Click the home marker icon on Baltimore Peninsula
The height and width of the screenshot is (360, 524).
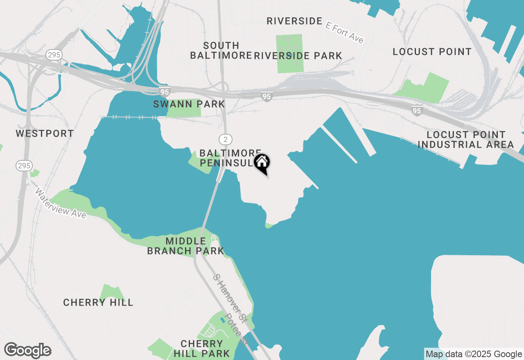tap(262, 163)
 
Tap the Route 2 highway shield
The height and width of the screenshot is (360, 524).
tap(225, 139)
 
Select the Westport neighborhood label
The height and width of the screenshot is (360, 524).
tap(45, 134)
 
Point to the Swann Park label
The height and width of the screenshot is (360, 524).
tap(189, 104)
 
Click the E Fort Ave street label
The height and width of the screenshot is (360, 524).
tap(344, 32)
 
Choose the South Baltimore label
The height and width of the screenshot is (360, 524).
tap(221, 50)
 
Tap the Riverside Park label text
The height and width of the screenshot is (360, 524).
tap(298, 56)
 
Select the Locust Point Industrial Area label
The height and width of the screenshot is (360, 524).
tap(466, 139)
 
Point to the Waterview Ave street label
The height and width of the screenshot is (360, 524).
tap(61, 203)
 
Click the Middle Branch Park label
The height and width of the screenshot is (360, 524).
tap(185, 246)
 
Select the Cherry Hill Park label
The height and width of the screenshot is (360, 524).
tap(202, 348)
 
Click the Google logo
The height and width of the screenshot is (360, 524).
tap(27, 351)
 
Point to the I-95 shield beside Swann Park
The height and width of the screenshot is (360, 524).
tap(164, 92)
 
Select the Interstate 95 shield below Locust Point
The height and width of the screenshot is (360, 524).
tap(417, 111)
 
